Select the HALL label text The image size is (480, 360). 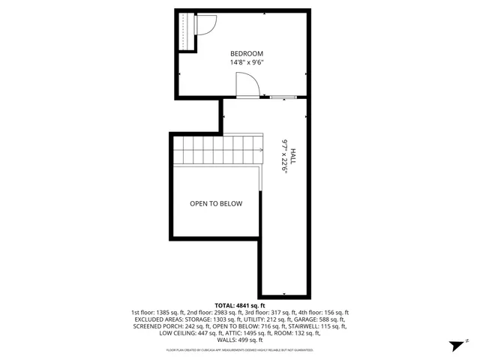click(293, 156)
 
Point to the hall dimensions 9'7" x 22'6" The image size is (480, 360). click(284, 156)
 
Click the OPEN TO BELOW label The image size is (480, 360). click(216, 203)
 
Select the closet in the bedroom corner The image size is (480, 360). click(185, 31)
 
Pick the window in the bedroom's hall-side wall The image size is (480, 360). click(283, 97)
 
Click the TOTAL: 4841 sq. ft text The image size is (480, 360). click(240, 305)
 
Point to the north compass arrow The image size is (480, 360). click(454, 345)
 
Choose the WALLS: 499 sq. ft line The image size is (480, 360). click(240, 340)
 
